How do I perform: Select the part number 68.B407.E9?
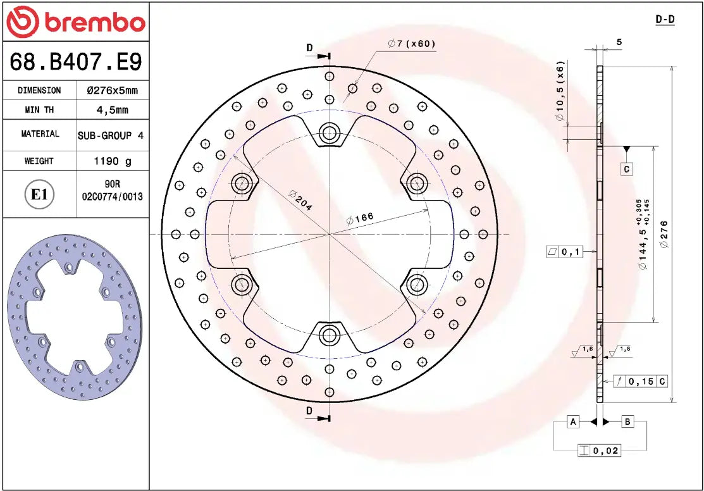pos(76,61)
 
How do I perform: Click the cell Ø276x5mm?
pos(112,90)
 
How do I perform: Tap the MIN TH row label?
pos(39,110)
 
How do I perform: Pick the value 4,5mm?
pos(112,110)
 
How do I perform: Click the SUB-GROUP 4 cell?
pos(111,135)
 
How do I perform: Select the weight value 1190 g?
pos(113,161)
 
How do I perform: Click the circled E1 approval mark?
pos(39,194)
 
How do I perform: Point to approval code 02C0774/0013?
pos(113,197)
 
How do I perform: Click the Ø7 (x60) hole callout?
pos(412,44)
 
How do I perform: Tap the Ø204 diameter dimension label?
pos(301,200)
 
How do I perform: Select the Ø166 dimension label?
pos(361,219)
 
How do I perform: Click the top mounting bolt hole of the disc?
pos(329,133)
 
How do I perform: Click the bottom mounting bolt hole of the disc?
pos(329,335)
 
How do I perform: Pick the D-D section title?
pos(665,20)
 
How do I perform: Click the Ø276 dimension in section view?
pos(662,234)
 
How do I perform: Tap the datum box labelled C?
pos(626,169)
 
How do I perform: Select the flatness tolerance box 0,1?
pos(564,252)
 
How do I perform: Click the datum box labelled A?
pos(573,421)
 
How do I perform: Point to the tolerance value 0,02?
pos(605,451)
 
